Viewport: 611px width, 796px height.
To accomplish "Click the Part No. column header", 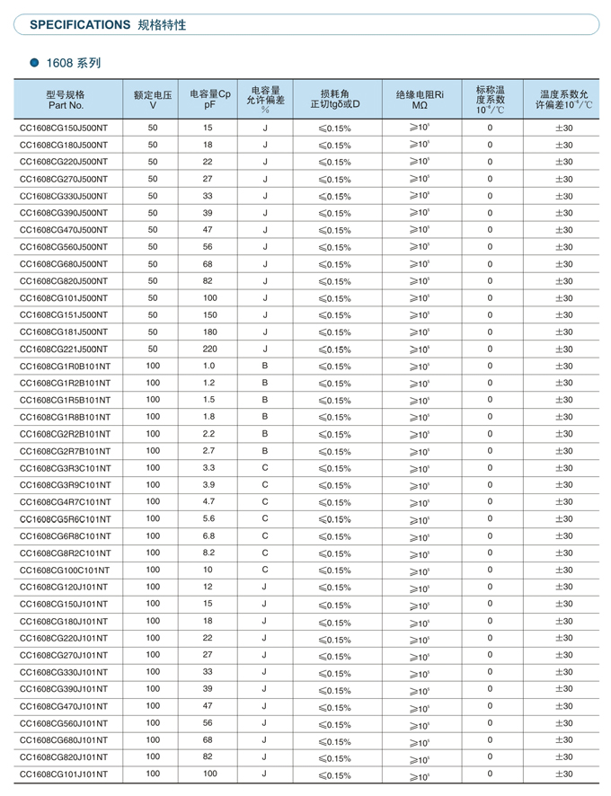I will [66, 99].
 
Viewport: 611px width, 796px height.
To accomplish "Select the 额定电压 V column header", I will [152, 99].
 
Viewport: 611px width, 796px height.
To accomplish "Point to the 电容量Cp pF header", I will [210, 99].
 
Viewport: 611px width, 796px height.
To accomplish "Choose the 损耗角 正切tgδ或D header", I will [334, 99].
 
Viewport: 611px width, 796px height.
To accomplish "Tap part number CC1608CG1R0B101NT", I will [65, 367].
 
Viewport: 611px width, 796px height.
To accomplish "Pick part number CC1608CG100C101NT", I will [65, 570].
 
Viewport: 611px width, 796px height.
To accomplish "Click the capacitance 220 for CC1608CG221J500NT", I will [208, 349].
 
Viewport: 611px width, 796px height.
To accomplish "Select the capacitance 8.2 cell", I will [208, 553].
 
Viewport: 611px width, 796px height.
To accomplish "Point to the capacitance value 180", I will [208, 332].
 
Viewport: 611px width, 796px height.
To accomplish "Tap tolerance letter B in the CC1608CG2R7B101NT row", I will [265, 450].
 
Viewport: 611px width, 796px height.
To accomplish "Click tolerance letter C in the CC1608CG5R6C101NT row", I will [265, 518].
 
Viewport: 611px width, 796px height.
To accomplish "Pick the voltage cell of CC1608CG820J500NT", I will [153, 280].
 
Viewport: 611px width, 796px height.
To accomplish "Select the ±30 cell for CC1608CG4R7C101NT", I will [563, 502].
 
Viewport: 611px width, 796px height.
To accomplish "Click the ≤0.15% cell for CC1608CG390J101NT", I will [334, 690].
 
